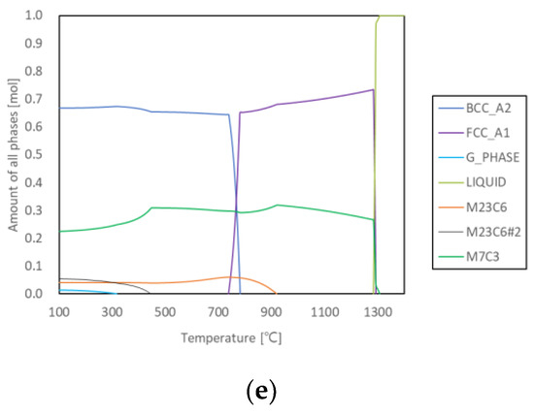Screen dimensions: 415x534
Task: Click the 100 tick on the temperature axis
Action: (x=59, y=312)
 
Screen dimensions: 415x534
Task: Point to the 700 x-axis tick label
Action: (x=218, y=312)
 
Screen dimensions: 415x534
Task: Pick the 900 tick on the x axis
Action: (x=272, y=312)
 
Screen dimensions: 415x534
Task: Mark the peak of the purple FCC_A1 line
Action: (x=373, y=90)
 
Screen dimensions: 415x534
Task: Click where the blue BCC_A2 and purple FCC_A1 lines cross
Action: (x=236, y=210)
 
